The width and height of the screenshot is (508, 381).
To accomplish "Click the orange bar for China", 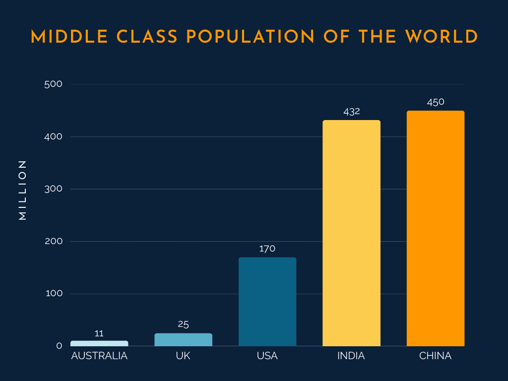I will point(435,228).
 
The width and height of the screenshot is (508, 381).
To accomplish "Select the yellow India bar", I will point(351,233).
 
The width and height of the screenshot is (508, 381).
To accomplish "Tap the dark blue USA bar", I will point(267,302).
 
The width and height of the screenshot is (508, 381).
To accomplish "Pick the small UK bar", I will point(183,340).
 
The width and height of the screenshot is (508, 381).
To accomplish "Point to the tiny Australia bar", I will point(99,343).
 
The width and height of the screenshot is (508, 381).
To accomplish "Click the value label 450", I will point(436,102).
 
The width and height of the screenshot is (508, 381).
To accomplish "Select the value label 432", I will point(352,112).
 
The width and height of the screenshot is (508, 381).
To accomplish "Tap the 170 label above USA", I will point(267,249).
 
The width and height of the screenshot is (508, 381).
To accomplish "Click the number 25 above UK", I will point(183,324).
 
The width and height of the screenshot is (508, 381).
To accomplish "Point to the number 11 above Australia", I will point(99,333).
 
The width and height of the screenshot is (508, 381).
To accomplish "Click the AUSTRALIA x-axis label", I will point(99,356).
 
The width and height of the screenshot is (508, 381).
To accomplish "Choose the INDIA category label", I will point(351,356).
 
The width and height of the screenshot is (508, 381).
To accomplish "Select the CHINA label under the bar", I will point(435,356).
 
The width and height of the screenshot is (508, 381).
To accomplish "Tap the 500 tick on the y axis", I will point(53,84).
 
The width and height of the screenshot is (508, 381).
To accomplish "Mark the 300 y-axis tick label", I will point(53,189).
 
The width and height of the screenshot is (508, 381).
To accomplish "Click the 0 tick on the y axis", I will point(59,346).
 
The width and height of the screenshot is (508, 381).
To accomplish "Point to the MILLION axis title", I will point(22,190).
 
